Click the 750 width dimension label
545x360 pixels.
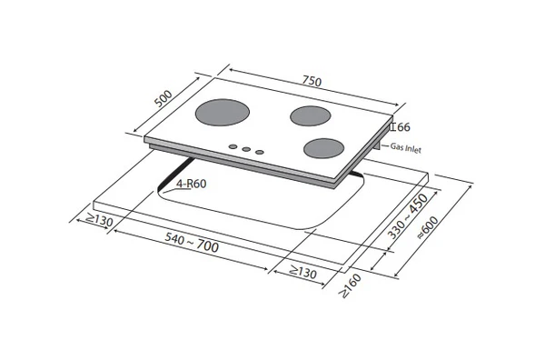pos(312,81)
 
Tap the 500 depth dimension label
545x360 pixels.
pos(163,98)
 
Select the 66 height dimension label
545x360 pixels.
pos(403,127)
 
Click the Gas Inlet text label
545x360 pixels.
pos(406,148)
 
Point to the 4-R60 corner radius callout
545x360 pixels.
pos(191,184)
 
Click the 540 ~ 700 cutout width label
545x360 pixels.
pos(192,242)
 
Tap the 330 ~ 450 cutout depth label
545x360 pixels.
pos(407,216)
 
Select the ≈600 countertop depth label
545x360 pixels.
pos(428,227)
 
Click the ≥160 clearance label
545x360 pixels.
pos(351,286)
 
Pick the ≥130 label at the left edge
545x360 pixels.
pos(99,220)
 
